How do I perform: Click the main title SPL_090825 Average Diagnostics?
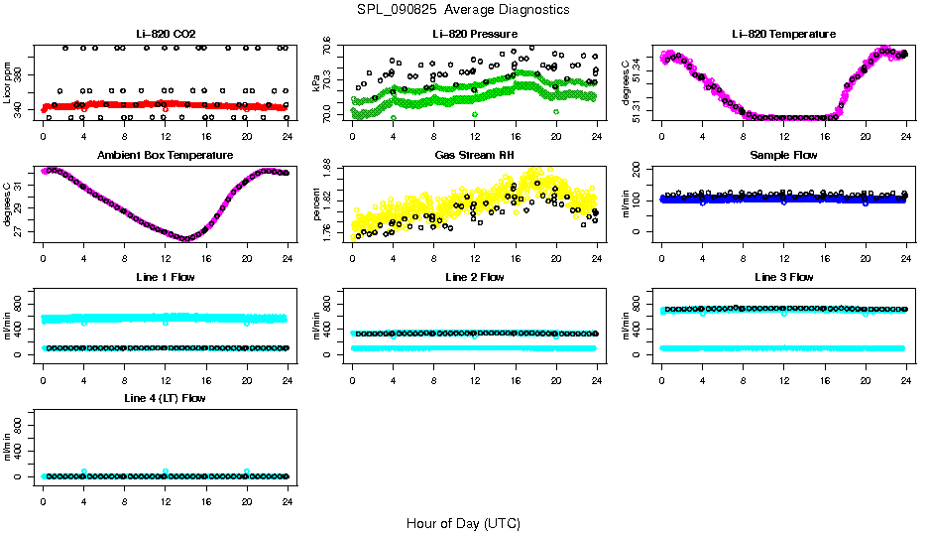point(464,9)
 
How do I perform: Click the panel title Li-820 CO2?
point(165,34)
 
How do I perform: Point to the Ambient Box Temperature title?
point(165,155)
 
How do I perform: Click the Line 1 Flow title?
point(165,276)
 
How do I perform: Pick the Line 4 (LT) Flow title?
point(165,398)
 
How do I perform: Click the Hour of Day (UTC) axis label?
point(463,523)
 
